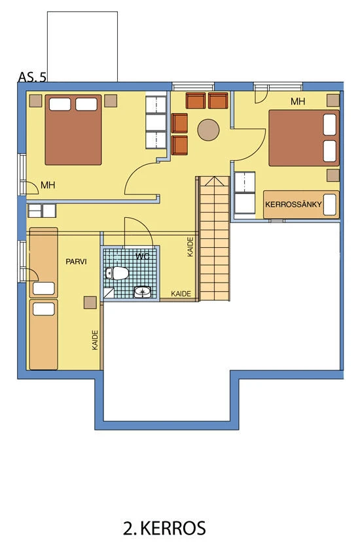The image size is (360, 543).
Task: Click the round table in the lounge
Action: [208, 130]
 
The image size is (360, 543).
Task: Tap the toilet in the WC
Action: [117, 273]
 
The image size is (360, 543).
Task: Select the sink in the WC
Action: [143, 292]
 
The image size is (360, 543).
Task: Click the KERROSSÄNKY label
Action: [293, 204]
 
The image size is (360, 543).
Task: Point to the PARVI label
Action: [76, 262]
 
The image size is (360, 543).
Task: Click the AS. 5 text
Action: [32, 77]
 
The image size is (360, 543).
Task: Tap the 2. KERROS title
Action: [164, 529]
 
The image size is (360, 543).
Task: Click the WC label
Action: [143, 256]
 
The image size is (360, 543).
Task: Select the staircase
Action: [215, 238]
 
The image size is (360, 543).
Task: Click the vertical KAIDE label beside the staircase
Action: [190, 247]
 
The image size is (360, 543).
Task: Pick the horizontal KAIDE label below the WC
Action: [181, 294]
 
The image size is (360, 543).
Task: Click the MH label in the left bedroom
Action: [48, 185]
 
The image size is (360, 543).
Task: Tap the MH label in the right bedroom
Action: [298, 101]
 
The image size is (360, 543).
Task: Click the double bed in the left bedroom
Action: [73, 130]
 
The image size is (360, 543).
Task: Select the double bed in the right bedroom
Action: [304, 138]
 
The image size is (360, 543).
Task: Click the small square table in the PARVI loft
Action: [90, 302]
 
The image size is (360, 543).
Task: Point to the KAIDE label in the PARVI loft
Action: [96, 340]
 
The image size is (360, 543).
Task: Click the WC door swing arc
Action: [145, 225]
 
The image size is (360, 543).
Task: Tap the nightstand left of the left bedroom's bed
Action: [35, 101]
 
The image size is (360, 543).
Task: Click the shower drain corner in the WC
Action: [109, 293]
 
